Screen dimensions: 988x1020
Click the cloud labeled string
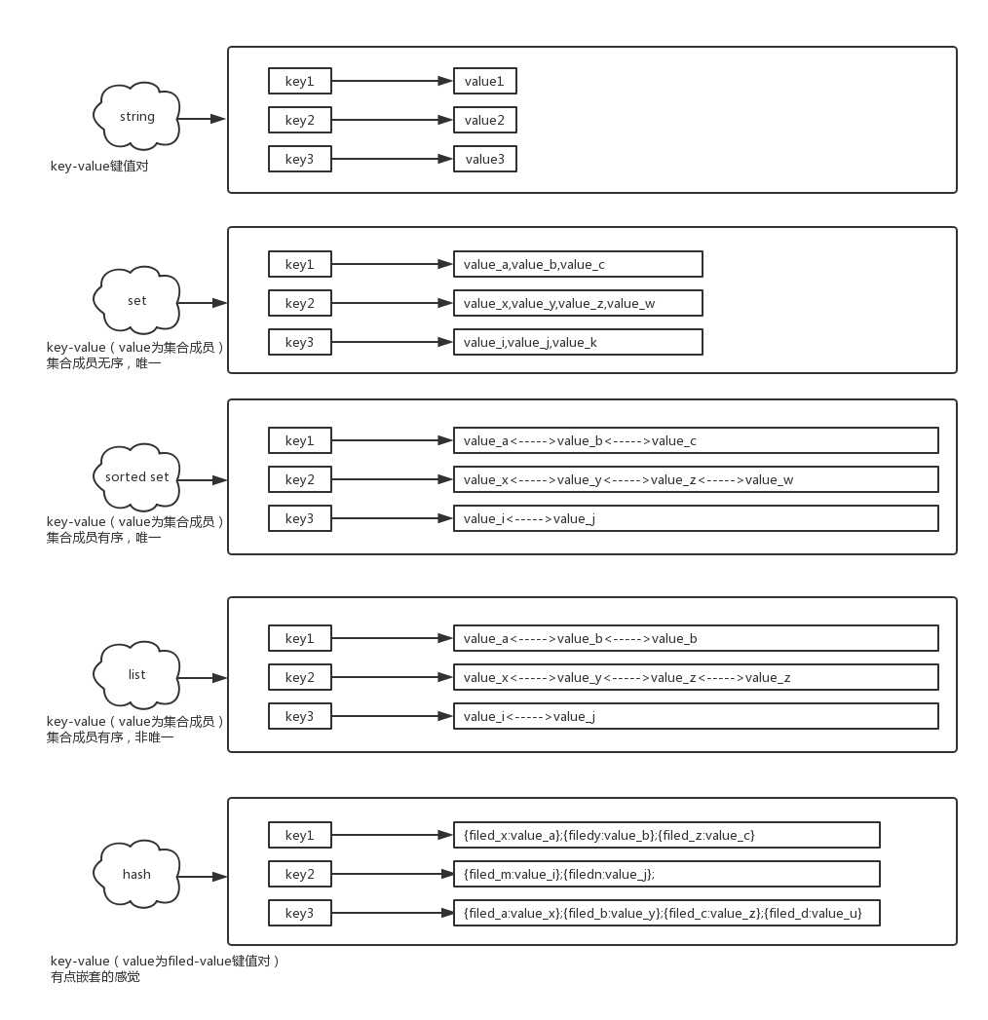[x=136, y=117]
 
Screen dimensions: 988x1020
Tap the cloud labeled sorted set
[x=136, y=477]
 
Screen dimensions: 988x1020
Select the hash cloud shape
[x=136, y=874]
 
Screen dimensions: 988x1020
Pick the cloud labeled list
[x=136, y=675]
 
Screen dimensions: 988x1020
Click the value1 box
[x=484, y=81]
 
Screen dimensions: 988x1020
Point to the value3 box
[x=484, y=159]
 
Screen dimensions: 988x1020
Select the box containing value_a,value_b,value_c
[x=578, y=264]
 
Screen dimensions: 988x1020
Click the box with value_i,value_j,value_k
[x=578, y=342]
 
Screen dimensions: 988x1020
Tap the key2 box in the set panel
[x=300, y=303]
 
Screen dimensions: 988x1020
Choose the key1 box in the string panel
[x=300, y=81]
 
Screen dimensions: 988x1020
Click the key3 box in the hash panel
[x=300, y=913]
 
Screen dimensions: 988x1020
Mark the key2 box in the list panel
[x=300, y=677]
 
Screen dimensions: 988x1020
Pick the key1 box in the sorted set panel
[x=300, y=440]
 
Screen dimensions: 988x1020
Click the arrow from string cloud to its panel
[x=202, y=119]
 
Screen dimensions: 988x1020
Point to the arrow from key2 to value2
[x=393, y=120]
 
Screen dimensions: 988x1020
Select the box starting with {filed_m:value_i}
[x=666, y=874]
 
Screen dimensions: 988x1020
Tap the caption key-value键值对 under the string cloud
[x=99, y=166]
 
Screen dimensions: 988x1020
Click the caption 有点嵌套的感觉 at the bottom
[x=95, y=976]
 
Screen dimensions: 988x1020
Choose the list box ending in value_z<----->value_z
[x=696, y=677]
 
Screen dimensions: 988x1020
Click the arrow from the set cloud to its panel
[x=202, y=302]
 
